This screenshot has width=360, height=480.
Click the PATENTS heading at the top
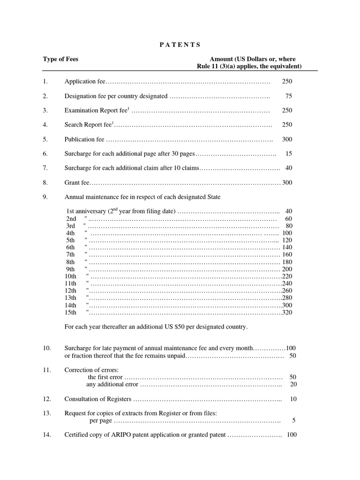coord(177,45)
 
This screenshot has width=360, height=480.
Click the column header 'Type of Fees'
coord(60,59)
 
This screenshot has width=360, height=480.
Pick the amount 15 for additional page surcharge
coord(289,154)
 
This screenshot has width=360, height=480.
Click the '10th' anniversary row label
coord(70,276)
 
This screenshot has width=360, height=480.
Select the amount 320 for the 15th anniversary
coord(287,312)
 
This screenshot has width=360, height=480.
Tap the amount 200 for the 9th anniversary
coord(287,269)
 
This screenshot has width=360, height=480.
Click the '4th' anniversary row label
coord(70,233)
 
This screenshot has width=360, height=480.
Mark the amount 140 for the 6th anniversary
coord(287,247)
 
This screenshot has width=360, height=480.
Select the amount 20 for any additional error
coord(293,384)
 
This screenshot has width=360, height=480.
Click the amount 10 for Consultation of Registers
coord(293,399)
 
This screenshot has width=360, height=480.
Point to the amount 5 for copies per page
coord(293,420)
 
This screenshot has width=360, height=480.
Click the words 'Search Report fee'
coord(88,125)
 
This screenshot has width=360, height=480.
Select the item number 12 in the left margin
coord(46,399)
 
